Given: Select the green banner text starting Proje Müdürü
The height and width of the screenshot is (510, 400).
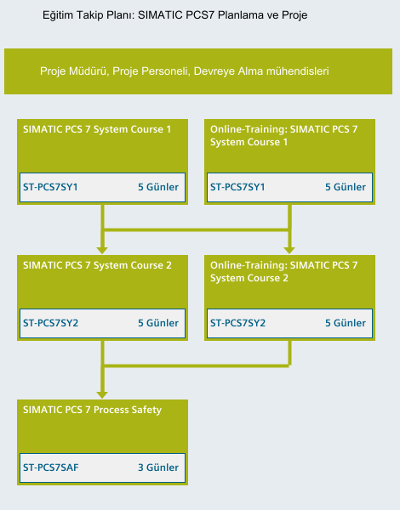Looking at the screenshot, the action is tap(185, 71).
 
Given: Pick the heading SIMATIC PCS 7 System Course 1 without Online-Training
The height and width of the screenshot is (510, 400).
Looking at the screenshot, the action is tap(97, 129).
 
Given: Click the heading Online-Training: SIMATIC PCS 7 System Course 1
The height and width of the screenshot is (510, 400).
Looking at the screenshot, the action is tap(283, 136).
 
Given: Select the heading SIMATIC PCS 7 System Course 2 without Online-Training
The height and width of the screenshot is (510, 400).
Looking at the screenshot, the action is tap(97, 265).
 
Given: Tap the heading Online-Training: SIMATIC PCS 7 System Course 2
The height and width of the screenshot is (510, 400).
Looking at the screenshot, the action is tap(283, 272).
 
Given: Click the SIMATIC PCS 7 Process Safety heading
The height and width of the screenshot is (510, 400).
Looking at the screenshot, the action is tap(92, 410).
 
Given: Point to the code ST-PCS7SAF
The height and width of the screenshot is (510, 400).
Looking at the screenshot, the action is tap(51, 467).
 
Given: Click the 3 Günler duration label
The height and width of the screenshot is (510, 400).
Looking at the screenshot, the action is tap(158, 467).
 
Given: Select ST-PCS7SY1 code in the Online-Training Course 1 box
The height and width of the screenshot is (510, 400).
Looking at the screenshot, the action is tap(237, 187).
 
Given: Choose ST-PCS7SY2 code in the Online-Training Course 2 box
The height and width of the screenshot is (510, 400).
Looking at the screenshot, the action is tap(237, 323).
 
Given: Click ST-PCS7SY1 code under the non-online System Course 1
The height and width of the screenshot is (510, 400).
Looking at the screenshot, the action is tap(50, 187).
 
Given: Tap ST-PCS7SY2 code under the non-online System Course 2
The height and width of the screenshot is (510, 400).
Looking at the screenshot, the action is tap(50, 323).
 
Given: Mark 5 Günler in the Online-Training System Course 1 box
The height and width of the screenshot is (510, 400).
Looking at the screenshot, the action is tap(346, 187).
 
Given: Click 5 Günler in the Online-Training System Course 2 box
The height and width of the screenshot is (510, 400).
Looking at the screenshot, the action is tap(346, 323).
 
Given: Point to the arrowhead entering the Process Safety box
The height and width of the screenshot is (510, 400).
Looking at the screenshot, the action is tap(102, 395).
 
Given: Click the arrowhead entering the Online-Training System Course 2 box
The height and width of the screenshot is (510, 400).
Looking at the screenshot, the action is tap(289, 251).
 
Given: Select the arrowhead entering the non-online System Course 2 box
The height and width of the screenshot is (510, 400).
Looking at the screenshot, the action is tap(102, 251).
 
